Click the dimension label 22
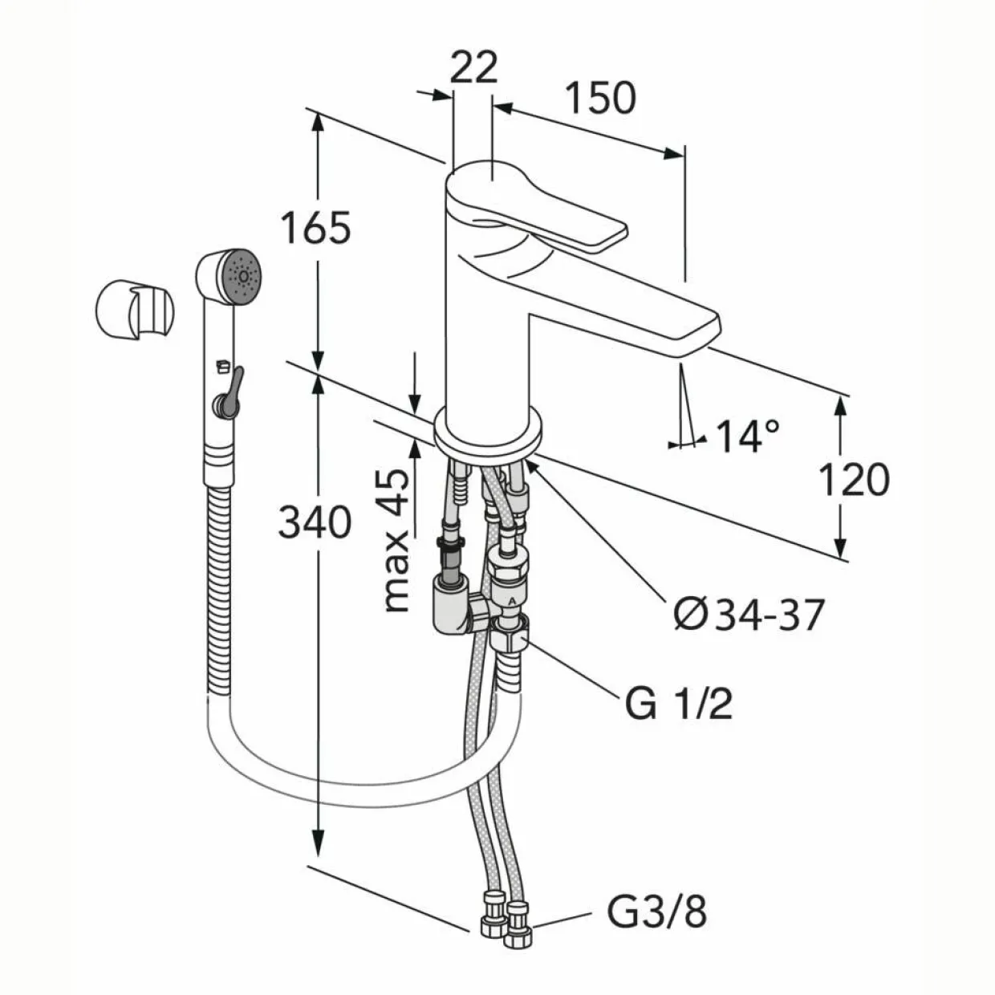pyautogui.click(x=473, y=67)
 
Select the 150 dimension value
pyautogui.click(x=601, y=98)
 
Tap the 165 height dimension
pyautogui.click(x=316, y=227)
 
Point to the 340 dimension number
pyautogui.click(x=315, y=522)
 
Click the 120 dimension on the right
pyautogui.click(x=854, y=479)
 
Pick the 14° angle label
pyautogui.click(x=748, y=436)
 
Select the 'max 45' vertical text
pyautogui.click(x=396, y=540)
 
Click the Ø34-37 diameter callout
pyautogui.click(x=748, y=615)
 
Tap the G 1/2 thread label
pyautogui.click(x=679, y=703)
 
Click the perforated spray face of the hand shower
pyautogui.click(x=242, y=278)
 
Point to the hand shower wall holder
pyautogui.click(x=136, y=311)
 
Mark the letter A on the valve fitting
pyautogui.click(x=512, y=600)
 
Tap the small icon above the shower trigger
pyautogui.click(x=222, y=366)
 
